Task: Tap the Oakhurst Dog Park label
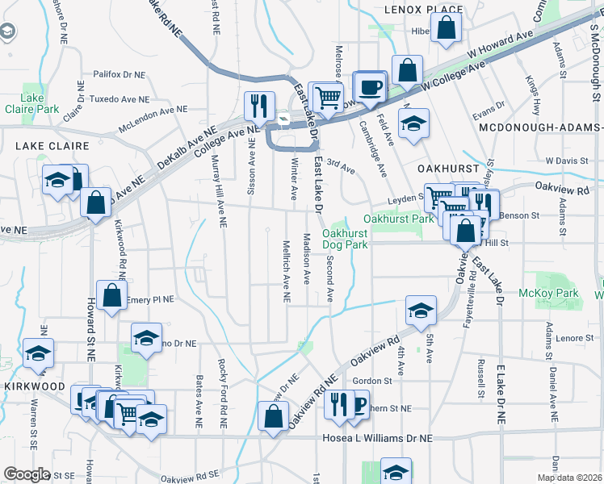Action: click(x=346, y=239)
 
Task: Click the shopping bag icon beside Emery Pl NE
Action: click(x=112, y=294)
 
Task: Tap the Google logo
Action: click(x=27, y=474)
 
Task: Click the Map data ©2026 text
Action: click(x=569, y=478)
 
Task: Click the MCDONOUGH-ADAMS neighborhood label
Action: click(x=540, y=128)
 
